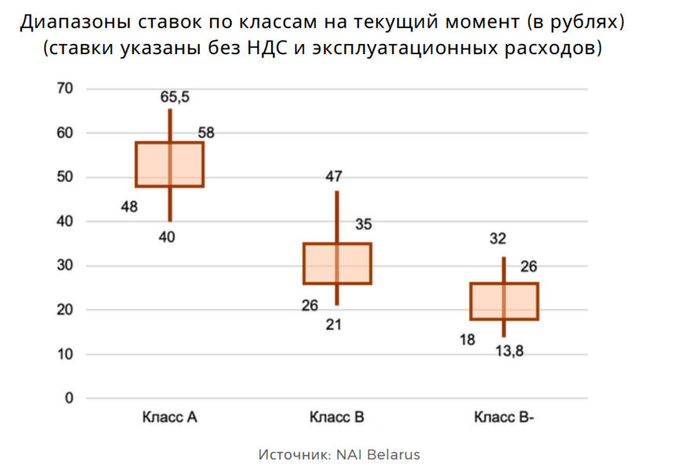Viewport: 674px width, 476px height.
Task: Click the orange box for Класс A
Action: tap(169, 165)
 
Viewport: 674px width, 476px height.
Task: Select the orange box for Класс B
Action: tap(337, 263)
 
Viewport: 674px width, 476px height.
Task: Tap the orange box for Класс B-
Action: tap(504, 301)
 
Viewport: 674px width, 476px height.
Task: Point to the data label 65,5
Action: tap(175, 97)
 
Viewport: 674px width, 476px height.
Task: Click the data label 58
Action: tap(206, 132)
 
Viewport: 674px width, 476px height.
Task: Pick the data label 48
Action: tap(130, 207)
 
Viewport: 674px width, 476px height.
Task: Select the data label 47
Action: tap(335, 176)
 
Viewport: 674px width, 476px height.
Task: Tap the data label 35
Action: tap(364, 224)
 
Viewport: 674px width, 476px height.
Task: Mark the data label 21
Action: tap(334, 324)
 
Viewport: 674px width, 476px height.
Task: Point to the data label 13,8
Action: tap(510, 351)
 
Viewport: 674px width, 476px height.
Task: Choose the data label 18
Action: tap(467, 340)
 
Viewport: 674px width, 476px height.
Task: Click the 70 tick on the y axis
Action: tap(64, 89)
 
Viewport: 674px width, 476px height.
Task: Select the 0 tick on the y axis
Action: tap(68, 398)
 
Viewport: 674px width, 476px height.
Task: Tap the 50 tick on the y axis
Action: tap(64, 177)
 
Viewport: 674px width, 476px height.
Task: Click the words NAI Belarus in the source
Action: tap(379, 455)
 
